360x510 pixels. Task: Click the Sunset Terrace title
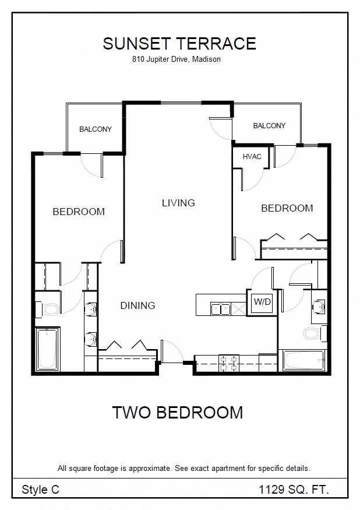point(179,44)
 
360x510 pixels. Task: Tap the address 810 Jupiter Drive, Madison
point(177,59)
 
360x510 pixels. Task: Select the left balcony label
point(96,129)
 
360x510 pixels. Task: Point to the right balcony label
point(269,125)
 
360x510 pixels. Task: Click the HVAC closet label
point(252,156)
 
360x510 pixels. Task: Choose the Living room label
point(178,203)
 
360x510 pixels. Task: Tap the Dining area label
point(138,305)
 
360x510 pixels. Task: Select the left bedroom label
point(79,212)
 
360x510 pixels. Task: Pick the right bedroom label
point(287,208)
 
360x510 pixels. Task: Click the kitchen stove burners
point(228,363)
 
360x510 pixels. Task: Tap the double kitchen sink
point(221,309)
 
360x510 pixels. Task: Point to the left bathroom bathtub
point(47,349)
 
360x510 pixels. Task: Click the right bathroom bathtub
point(303,360)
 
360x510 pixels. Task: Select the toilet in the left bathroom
point(48,309)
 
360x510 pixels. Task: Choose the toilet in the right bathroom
point(315,333)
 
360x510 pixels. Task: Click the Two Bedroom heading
point(178,413)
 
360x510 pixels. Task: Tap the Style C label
point(40,490)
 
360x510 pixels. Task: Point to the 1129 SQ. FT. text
point(294,489)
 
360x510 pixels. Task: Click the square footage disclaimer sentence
point(183,469)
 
